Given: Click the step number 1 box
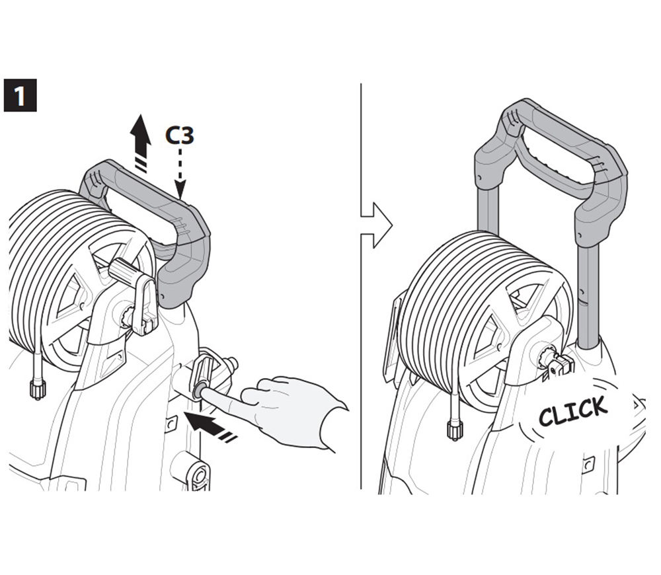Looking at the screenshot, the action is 20,95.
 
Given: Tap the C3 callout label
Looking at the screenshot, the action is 180,135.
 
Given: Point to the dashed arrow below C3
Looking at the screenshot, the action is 180,172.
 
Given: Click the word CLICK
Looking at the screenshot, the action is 573,410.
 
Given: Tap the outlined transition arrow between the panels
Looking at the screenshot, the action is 376,225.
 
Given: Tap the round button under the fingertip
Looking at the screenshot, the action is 197,391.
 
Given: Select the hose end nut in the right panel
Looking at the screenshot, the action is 453,430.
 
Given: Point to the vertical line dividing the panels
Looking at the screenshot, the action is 362,287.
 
